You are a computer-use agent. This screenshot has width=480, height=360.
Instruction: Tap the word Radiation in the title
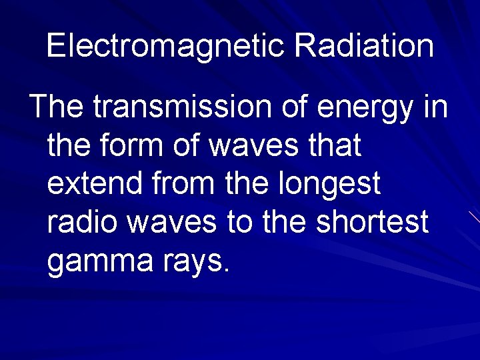363,45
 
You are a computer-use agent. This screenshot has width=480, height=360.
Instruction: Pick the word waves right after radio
172,222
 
